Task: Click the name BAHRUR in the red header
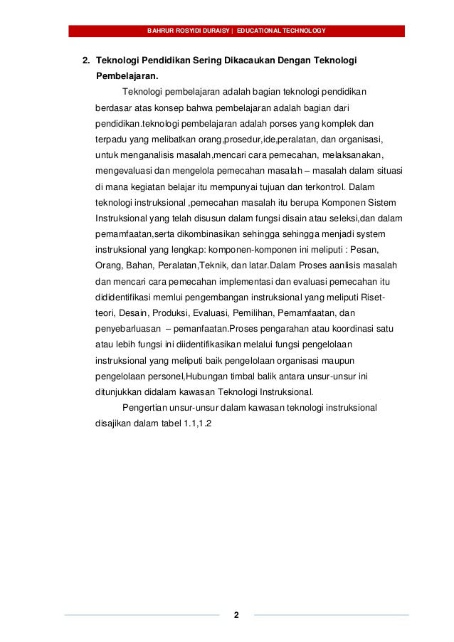click(159, 31)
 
